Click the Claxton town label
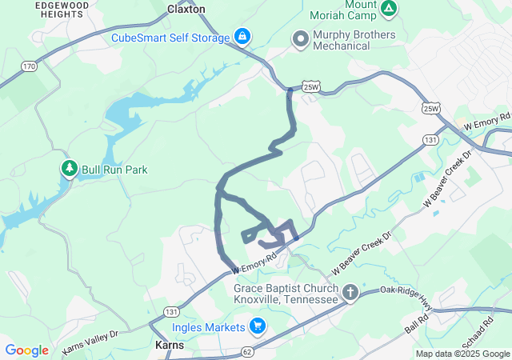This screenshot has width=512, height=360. coord(186,9)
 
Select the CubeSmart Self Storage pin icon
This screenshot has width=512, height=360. coord(242,37)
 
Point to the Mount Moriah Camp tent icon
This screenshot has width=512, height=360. coord(388,10)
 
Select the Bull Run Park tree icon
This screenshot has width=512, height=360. coord(69,169)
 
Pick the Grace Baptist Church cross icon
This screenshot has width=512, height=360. coord(350,294)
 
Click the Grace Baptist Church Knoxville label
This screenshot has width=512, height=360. coord(286,294)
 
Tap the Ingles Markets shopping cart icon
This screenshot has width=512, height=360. coord(257,326)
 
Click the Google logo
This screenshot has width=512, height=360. coord(26,350)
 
